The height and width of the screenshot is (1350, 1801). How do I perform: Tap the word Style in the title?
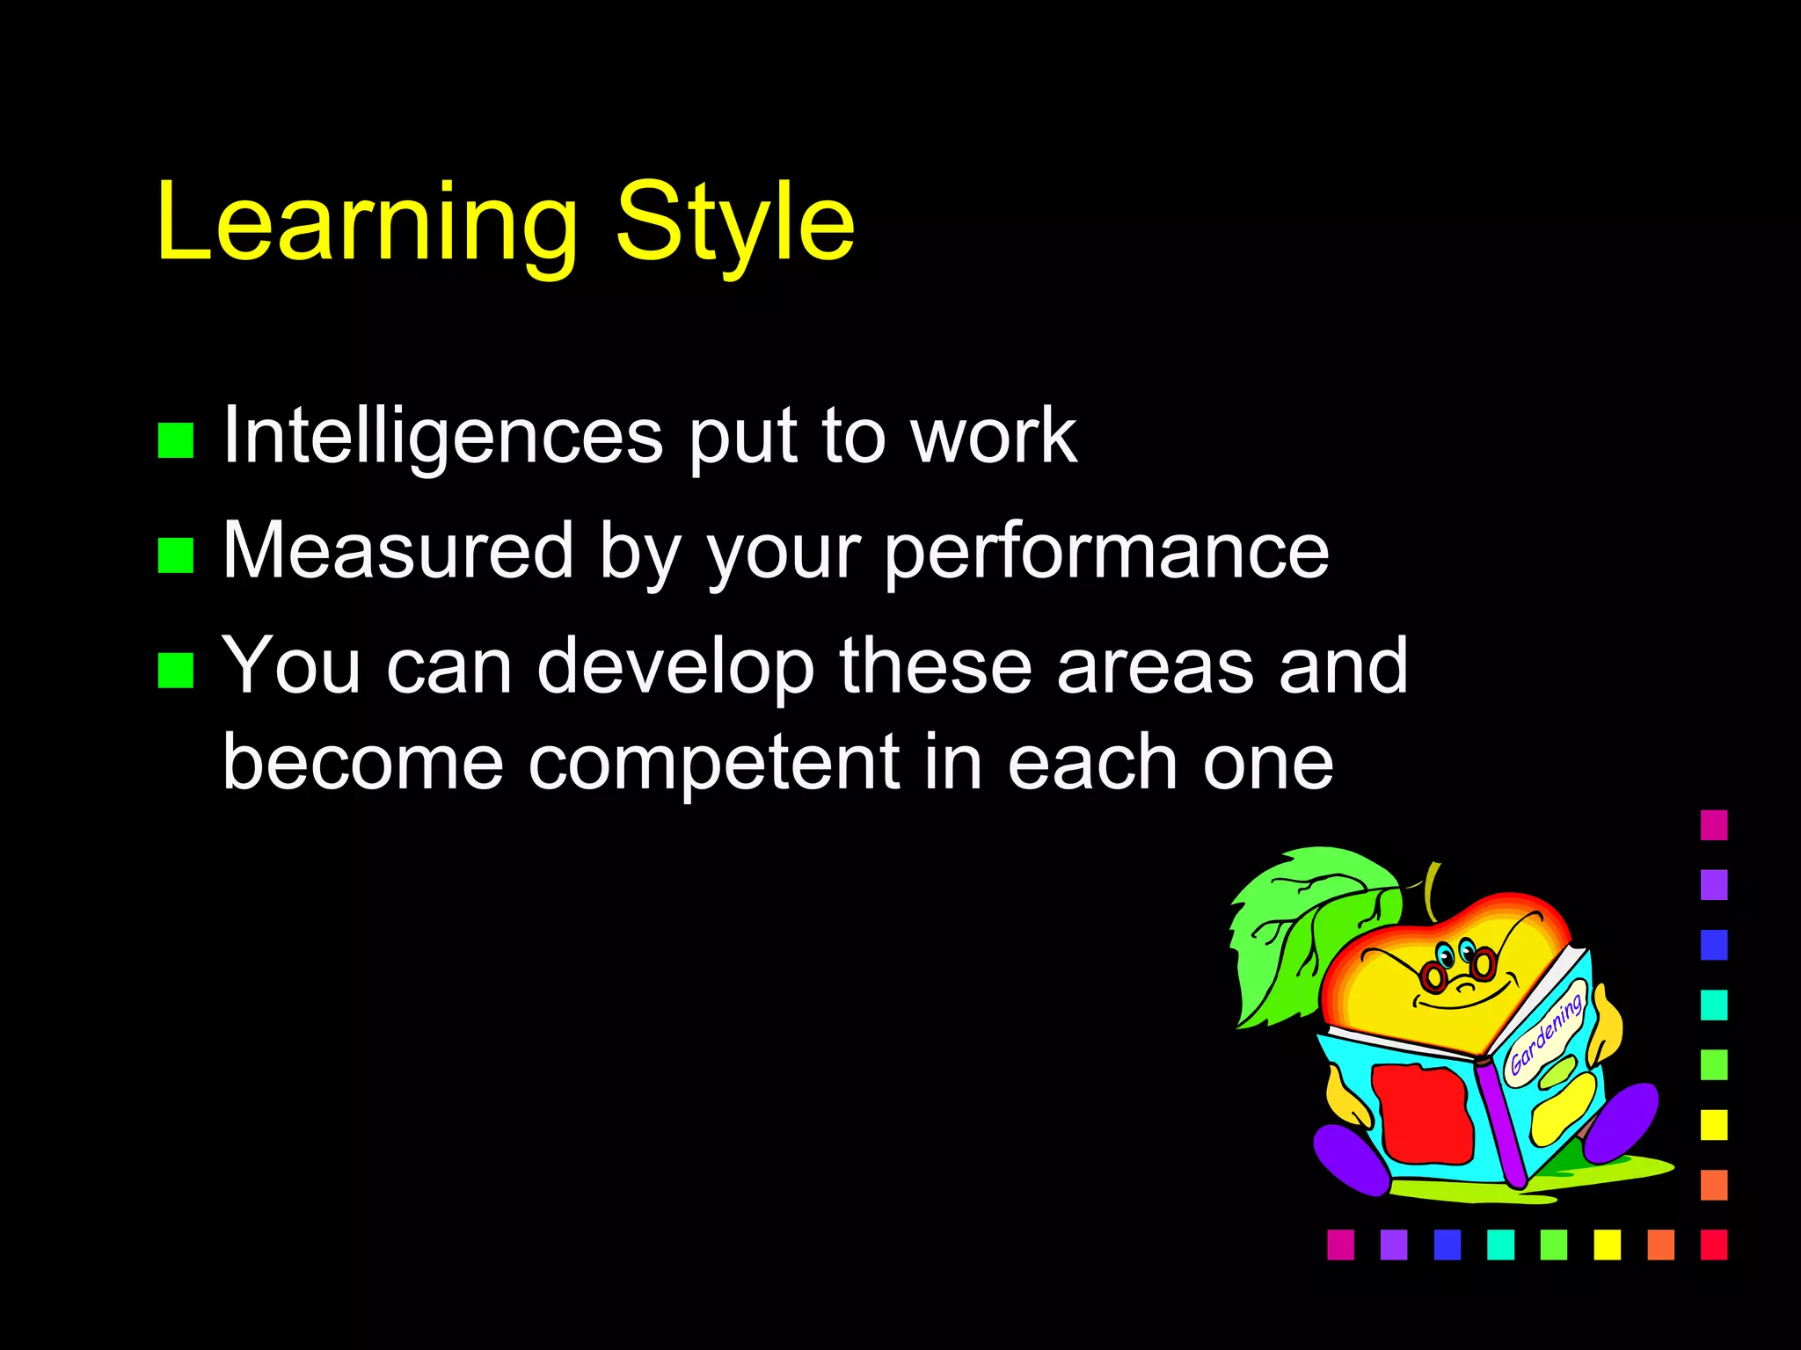(734, 224)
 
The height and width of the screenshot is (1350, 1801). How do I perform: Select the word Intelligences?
(442, 437)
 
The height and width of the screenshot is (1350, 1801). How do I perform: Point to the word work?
(994, 437)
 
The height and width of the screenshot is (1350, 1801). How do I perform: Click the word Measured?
(398, 551)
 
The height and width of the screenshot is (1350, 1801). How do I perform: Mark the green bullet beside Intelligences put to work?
(176, 440)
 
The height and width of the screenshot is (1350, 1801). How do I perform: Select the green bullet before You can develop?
(176, 670)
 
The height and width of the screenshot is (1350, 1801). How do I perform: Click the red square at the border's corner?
(1714, 1245)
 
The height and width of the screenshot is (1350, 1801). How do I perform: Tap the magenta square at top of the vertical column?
(1714, 825)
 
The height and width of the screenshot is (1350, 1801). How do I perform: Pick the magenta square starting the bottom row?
(1340, 1245)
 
